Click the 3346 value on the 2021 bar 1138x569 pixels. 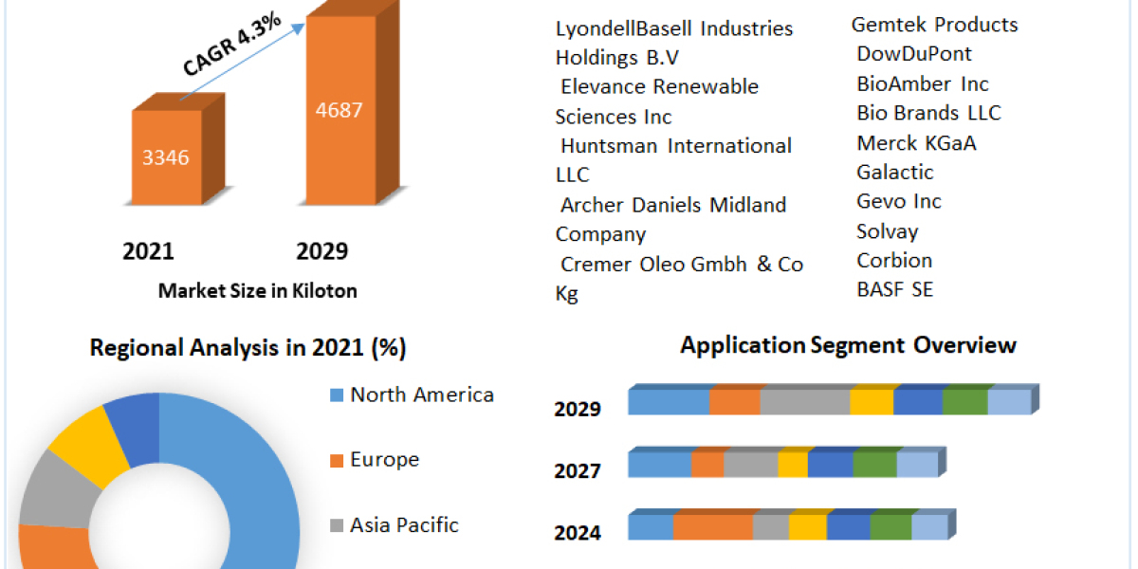[166, 157]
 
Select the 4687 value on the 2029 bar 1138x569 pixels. [340, 109]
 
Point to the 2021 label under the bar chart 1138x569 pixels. [149, 251]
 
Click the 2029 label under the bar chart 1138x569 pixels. [322, 251]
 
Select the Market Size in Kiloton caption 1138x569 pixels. [257, 291]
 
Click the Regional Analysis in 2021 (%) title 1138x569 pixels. [248, 348]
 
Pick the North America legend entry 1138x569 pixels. [421, 395]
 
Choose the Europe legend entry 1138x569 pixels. [384, 460]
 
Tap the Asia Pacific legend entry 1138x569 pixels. [404, 524]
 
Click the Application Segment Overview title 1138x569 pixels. [848, 345]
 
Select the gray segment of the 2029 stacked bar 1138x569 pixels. [804, 403]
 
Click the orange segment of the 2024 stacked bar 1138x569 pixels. [713, 527]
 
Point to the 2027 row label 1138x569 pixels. [578, 470]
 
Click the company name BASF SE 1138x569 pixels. [894, 290]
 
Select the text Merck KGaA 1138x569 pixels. [916, 143]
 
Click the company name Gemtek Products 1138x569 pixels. [934, 25]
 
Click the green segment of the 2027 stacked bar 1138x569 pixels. [874, 465]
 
